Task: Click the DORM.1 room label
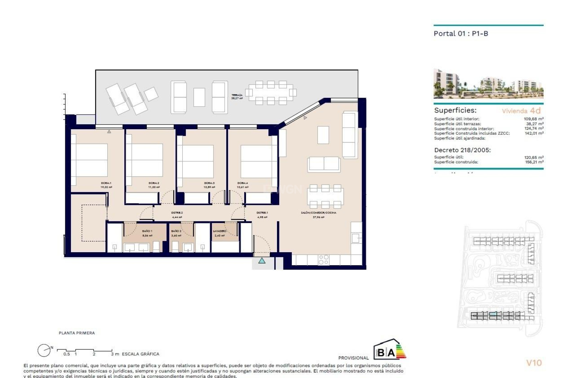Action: [106, 183]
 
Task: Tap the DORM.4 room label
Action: [242, 183]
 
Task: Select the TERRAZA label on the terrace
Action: [237, 95]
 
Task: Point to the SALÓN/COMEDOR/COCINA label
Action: [318, 213]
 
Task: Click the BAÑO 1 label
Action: [147, 231]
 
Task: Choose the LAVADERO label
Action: [219, 231]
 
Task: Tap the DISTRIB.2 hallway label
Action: [177, 213]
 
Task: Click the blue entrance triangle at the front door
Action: [262, 261]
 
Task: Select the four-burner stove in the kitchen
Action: [323, 260]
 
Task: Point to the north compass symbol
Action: [44, 351]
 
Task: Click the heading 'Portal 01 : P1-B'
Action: [461, 34]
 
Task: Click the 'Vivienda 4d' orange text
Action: [521, 111]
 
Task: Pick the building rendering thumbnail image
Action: [488, 84]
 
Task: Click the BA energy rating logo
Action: [390, 350]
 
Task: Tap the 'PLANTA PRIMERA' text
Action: [77, 333]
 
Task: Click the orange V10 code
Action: [534, 363]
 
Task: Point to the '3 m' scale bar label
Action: [115, 354]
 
